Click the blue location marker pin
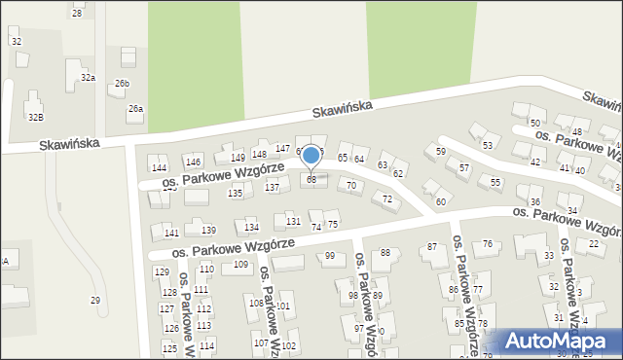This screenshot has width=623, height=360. (x=311, y=156)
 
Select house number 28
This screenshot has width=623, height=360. (x=77, y=13)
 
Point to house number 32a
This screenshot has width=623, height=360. (x=88, y=77)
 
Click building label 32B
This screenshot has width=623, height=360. (x=35, y=117)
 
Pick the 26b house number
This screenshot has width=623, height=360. (x=122, y=84)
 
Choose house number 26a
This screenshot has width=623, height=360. (x=135, y=109)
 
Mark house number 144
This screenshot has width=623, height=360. (x=159, y=168)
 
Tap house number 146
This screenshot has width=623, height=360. (x=193, y=162)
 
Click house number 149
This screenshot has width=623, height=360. (x=238, y=157)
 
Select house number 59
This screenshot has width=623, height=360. (x=440, y=151)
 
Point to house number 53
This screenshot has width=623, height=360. (x=487, y=145)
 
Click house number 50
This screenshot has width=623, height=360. (x=534, y=123)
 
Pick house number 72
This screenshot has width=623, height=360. (x=387, y=198)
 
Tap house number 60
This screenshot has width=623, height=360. (x=440, y=201)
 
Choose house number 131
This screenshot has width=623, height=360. (x=293, y=222)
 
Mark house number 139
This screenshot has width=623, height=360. (x=208, y=230)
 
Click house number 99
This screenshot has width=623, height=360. (x=330, y=256)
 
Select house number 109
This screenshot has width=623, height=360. (x=240, y=264)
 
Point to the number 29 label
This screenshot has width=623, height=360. (x=95, y=300)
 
